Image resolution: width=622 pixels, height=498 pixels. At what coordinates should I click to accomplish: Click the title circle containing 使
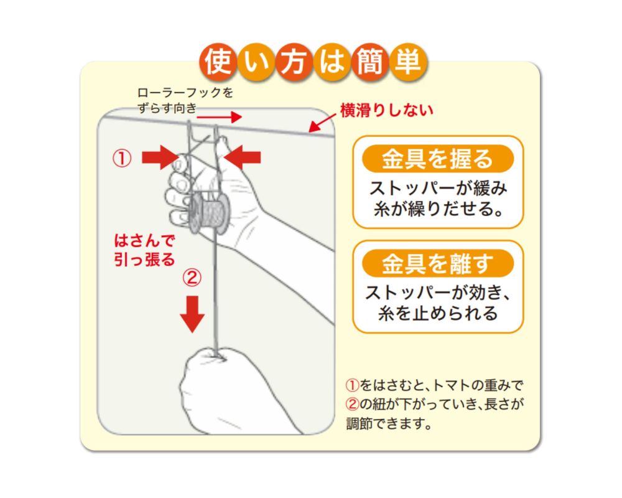pos(218,62)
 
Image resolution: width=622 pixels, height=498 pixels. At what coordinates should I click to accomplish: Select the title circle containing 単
pos(408,62)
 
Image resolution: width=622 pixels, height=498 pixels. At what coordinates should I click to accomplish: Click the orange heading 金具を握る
pos(437,159)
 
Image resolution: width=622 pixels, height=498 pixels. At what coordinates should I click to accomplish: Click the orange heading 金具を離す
pos(437,263)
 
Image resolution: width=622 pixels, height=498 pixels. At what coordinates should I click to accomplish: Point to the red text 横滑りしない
pos(386,110)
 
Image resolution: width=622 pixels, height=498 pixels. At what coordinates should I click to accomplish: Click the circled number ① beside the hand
pos(122,158)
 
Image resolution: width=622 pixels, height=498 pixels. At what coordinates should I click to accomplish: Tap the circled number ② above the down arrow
pos(192,278)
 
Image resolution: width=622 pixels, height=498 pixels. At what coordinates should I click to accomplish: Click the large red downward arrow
pos(192,314)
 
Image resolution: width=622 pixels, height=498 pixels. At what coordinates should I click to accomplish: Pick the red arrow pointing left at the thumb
pos(242,157)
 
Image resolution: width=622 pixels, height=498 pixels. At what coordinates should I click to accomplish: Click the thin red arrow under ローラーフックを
pos(220,117)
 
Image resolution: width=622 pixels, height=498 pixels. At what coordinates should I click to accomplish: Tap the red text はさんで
pos(144,240)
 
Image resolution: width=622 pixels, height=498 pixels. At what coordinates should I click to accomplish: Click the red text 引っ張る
pos(144,260)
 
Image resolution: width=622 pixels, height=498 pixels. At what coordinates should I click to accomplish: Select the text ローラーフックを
pos(185,93)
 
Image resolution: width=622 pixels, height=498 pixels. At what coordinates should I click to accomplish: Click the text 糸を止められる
pos(438,313)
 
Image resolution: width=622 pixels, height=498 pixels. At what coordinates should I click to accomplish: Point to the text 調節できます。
pos(389,424)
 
